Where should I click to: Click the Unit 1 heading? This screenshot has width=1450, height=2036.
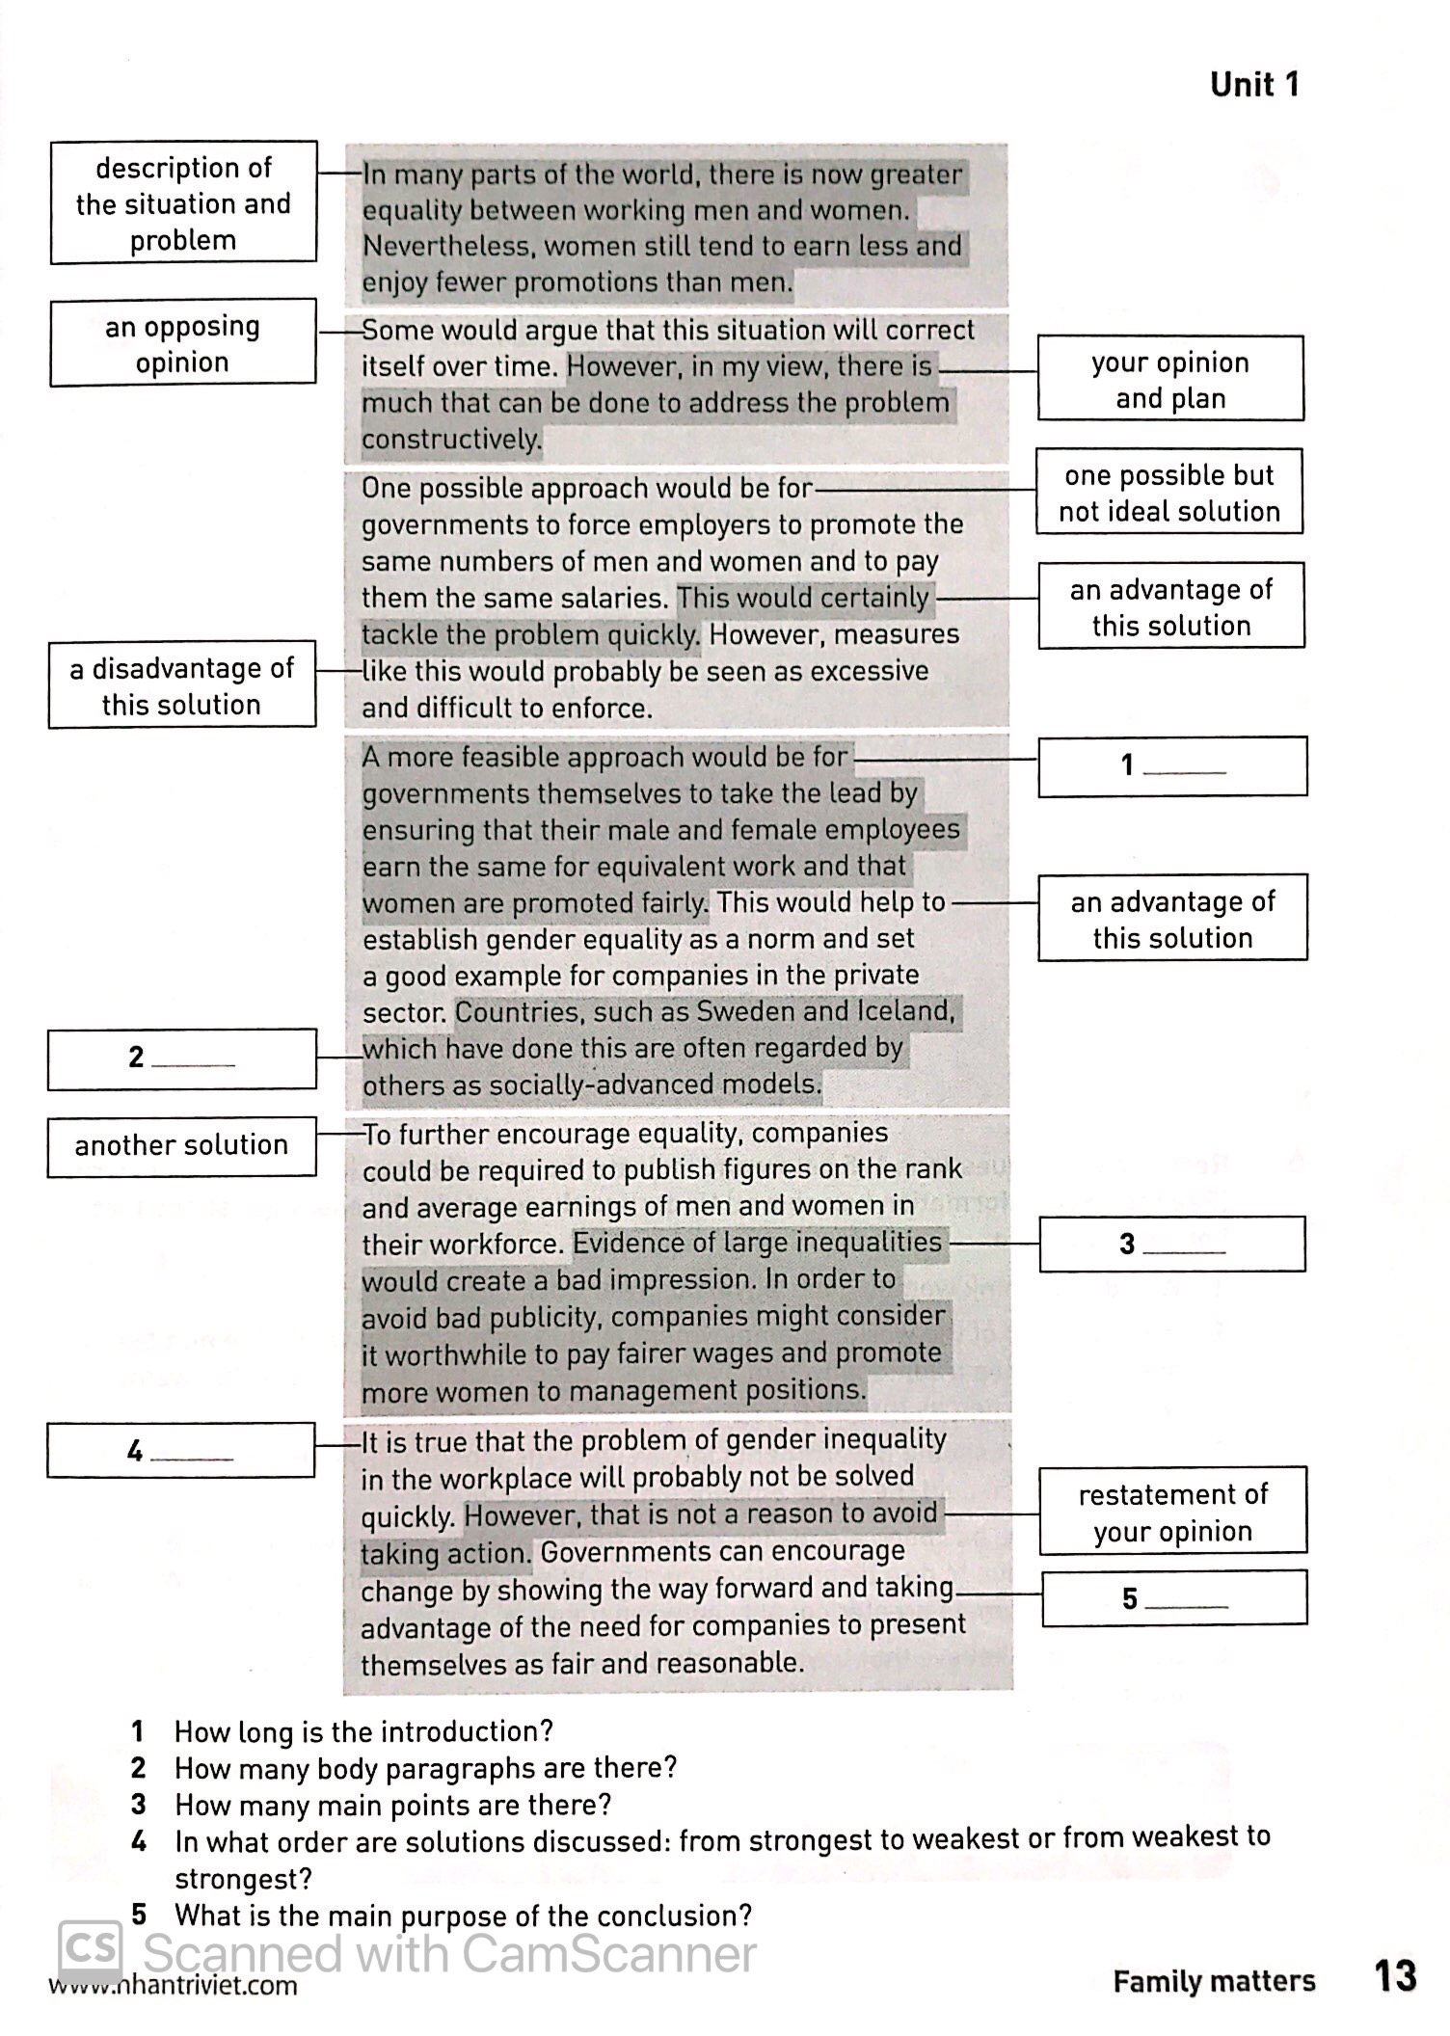1254,85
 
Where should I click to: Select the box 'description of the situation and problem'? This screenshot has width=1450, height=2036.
183,202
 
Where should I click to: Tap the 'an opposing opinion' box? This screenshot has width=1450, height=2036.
182,343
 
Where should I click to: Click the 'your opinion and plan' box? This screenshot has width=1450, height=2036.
1170,379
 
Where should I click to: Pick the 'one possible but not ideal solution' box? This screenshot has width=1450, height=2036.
1168,492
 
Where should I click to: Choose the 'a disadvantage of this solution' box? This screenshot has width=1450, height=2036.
181,684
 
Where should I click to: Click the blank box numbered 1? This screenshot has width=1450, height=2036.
1171,766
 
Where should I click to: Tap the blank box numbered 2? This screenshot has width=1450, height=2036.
181,1058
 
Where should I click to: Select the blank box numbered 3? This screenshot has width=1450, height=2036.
1171,1244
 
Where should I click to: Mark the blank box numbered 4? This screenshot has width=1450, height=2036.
180,1451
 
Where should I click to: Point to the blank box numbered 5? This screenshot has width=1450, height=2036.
1173,1598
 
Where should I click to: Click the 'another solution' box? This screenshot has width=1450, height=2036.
181,1145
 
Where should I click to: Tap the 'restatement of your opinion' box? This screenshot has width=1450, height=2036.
1172,1512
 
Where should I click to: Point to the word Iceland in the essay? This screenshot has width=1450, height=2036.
903,1011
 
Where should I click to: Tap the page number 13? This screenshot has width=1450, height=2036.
1394,1976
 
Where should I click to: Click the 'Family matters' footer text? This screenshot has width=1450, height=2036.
1213,1982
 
